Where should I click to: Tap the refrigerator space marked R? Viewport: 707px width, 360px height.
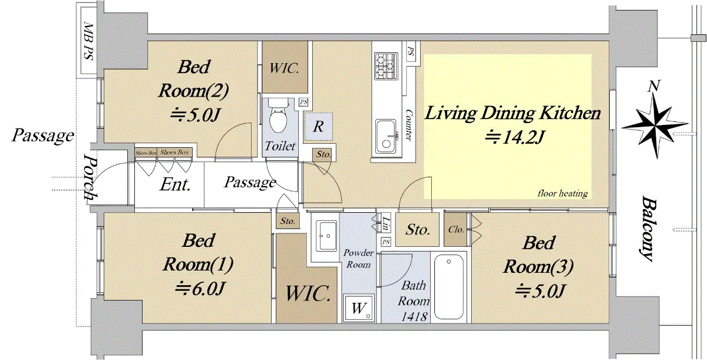(318, 127)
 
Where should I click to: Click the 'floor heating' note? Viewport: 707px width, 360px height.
(562, 193)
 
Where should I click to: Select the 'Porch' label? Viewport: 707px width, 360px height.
(90, 178)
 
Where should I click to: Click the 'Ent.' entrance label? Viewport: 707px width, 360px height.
(176, 185)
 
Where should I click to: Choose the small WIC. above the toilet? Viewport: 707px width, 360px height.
(285, 68)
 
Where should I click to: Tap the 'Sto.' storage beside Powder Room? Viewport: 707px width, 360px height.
(418, 230)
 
